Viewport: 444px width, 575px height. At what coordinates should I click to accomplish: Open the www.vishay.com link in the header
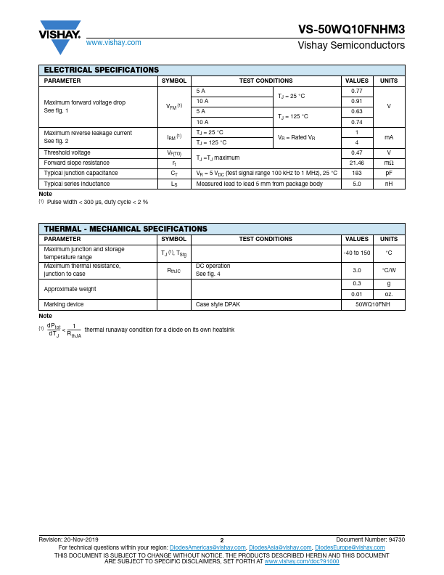tap(113, 43)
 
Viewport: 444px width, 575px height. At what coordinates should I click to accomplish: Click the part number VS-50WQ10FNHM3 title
tap(351, 30)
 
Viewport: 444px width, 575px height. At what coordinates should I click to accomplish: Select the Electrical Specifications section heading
tap(101, 70)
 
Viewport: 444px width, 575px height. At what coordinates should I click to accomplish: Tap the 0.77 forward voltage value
tap(356, 91)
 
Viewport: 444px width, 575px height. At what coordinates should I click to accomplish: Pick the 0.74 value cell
tap(356, 122)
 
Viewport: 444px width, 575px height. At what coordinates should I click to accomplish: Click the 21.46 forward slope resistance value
tap(356, 163)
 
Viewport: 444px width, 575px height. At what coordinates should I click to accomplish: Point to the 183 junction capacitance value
tap(356, 174)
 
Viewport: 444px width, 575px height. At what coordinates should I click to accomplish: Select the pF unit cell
tap(389, 174)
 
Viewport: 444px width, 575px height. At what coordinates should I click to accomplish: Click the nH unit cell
tap(389, 184)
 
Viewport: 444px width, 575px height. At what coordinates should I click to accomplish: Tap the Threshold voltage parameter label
tap(67, 153)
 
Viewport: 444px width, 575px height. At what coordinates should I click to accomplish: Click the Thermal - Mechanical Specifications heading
tap(126, 229)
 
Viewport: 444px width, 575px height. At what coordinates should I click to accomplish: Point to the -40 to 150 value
tap(356, 253)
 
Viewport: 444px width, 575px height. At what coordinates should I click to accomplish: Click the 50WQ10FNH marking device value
tap(372, 305)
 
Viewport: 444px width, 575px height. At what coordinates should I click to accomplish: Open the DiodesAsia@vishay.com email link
tap(280, 547)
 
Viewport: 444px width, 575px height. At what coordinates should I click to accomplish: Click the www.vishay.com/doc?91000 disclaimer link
tap(301, 562)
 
